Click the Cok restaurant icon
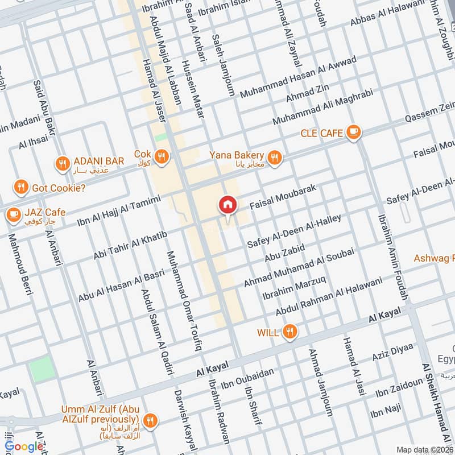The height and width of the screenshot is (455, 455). click(x=162, y=156)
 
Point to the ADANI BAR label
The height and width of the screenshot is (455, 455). click(x=98, y=162)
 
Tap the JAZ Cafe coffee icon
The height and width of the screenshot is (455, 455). click(x=13, y=214)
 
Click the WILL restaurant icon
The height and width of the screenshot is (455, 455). click(x=291, y=332)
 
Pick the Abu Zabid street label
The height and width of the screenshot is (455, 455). click(x=285, y=253)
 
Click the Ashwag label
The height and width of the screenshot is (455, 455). click(x=433, y=258)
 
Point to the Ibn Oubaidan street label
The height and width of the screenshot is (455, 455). click(x=248, y=379)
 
